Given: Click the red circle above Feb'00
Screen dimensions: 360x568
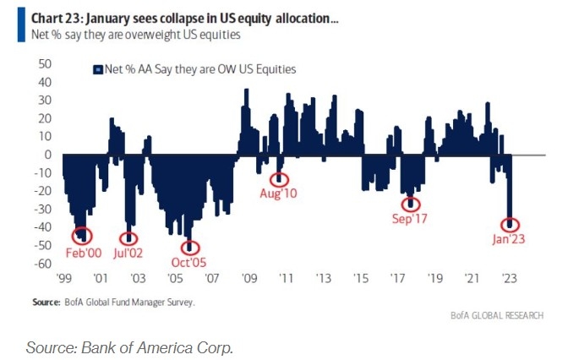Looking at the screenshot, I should point(83,236).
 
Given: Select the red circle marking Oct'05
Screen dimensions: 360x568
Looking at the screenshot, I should point(191,248).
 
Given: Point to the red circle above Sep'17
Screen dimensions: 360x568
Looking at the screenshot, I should point(412,204).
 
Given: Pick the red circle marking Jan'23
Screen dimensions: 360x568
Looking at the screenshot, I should point(509,225).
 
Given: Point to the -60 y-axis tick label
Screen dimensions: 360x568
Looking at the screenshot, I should point(44,264).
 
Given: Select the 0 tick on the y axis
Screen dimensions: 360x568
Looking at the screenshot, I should point(50,155).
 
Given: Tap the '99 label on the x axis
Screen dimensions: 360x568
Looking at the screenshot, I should point(63,277).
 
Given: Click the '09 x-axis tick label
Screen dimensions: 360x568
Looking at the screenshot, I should point(248,277).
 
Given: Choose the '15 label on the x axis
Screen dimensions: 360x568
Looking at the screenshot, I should point(360,277).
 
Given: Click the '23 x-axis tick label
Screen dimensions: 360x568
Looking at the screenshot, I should point(509,277).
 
